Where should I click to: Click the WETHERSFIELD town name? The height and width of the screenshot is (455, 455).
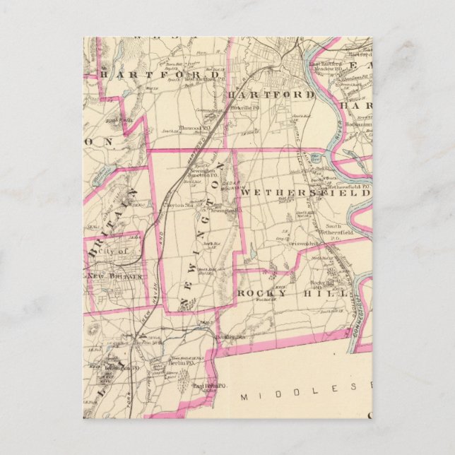click(x=305, y=192)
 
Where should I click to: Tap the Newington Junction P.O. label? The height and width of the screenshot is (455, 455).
click(x=201, y=177)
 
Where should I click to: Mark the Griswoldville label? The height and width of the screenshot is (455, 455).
click(x=305, y=244)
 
